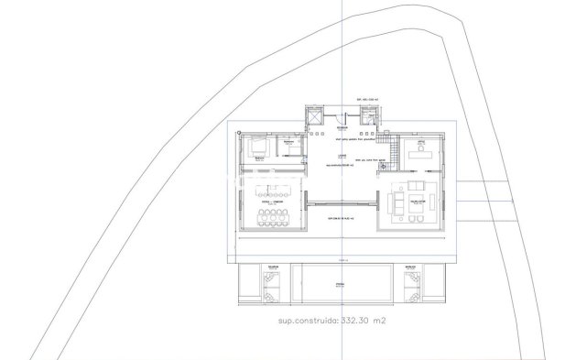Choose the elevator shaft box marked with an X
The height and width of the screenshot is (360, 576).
314,116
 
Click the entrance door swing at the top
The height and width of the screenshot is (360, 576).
340,116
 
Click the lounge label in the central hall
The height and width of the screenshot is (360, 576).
341,158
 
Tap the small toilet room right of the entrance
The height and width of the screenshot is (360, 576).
369,116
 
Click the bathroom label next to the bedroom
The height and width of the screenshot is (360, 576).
288,143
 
